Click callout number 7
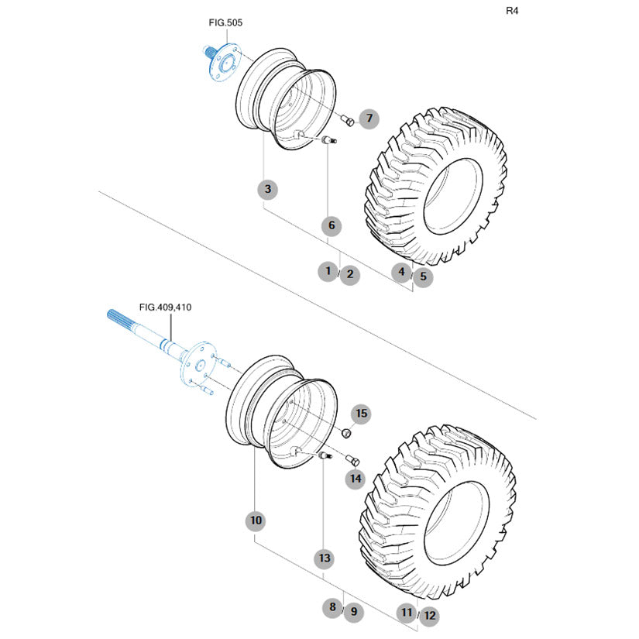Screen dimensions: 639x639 pyautogui.click(x=369, y=119)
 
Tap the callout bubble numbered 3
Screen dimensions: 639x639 pyautogui.click(x=267, y=189)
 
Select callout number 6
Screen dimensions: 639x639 pyautogui.click(x=331, y=225)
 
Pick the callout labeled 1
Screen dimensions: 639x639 pyautogui.click(x=328, y=271)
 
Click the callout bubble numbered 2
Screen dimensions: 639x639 pyautogui.click(x=350, y=274)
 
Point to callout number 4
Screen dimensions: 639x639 pyautogui.click(x=401, y=271)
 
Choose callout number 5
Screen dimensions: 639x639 pyautogui.click(x=423, y=276)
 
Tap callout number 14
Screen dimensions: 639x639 pyautogui.click(x=355, y=479)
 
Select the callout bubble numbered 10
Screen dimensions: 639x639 pyautogui.click(x=256, y=520)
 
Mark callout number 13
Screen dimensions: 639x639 pyautogui.click(x=324, y=558)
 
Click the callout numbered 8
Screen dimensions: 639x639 pyautogui.click(x=332, y=606)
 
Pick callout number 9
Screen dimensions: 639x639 pyautogui.click(x=353, y=611)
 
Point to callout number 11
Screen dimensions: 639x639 pyautogui.click(x=407, y=613)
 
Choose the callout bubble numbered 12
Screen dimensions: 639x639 pyautogui.click(x=428, y=616)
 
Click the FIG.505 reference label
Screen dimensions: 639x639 pyautogui.click(x=225, y=23)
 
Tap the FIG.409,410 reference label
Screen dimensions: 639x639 pyautogui.click(x=165, y=307)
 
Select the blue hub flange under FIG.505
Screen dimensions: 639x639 pyautogui.click(x=224, y=63)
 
